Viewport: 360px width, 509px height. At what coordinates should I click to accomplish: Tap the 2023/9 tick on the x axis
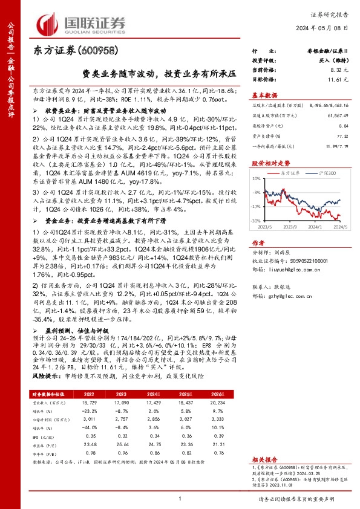(x=292, y=228)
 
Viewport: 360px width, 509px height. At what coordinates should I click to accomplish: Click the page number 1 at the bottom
(x=180, y=498)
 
